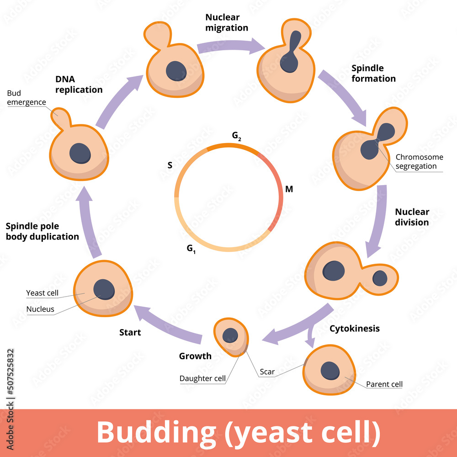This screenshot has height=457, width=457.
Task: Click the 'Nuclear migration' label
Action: tap(227, 23)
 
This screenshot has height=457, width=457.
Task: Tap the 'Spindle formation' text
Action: tap(373, 74)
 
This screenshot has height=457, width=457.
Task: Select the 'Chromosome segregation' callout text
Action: tap(419, 161)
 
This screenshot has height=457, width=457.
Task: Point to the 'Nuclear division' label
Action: tap(412, 217)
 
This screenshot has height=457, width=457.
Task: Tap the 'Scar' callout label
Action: tap(267, 372)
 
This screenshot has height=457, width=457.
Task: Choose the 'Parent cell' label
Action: tap(384, 384)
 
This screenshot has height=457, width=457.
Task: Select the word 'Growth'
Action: tap(195, 356)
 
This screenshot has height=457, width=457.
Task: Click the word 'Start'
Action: tap(130, 332)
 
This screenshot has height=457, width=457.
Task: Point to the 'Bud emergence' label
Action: tap(26, 98)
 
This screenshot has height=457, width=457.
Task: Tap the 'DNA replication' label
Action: tap(79, 85)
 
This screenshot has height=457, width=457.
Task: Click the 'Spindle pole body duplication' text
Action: tap(42, 231)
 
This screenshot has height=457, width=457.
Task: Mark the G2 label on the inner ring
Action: tap(236, 136)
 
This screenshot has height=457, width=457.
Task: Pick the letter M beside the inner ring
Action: tap(289, 189)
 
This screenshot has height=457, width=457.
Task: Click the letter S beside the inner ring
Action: tap(170, 165)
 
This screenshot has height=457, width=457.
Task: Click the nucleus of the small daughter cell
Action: tap(230, 335)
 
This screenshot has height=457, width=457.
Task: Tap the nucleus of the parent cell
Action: tap(329, 370)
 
